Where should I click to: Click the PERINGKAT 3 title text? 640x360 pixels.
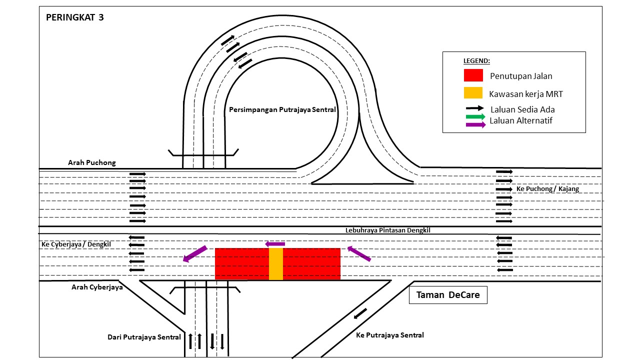pyautogui.click(x=75, y=17)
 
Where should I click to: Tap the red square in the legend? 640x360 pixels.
pyautogui.click(x=473, y=75)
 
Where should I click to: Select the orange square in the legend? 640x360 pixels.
pyautogui.click(x=473, y=93)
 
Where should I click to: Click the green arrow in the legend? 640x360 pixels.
pyautogui.click(x=475, y=117)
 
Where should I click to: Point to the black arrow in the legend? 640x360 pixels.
pyautogui.click(x=474, y=108)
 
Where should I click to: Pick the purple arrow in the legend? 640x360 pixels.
pyautogui.click(x=475, y=124)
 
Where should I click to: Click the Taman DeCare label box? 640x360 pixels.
pyautogui.click(x=448, y=295)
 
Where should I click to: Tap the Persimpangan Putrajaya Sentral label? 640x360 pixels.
pyautogui.click(x=282, y=109)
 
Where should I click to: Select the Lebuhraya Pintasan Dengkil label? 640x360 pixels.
pyautogui.click(x=387, y=230)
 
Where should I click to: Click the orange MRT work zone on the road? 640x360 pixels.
pyautogui.click(x=276, y=263)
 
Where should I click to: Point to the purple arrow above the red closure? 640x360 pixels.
pyautogui.click(x=275, y=244)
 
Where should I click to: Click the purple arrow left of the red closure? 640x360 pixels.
pyautogui.click(x=194, y=253)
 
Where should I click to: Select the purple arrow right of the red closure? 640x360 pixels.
pyautogui.click(x=359, y=253)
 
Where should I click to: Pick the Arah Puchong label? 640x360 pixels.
pyautogui.click(x=92, y=163)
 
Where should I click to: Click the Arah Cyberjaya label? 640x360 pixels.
pyautogui.click(x=97, y=287)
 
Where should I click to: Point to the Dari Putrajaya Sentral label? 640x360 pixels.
pyautogui.click(x=144, y=337)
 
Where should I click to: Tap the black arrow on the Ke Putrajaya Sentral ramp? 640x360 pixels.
pyautogui.click(x=360, y=313)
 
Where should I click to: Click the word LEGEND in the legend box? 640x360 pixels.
pyautogui.click(x=476, y=61)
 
